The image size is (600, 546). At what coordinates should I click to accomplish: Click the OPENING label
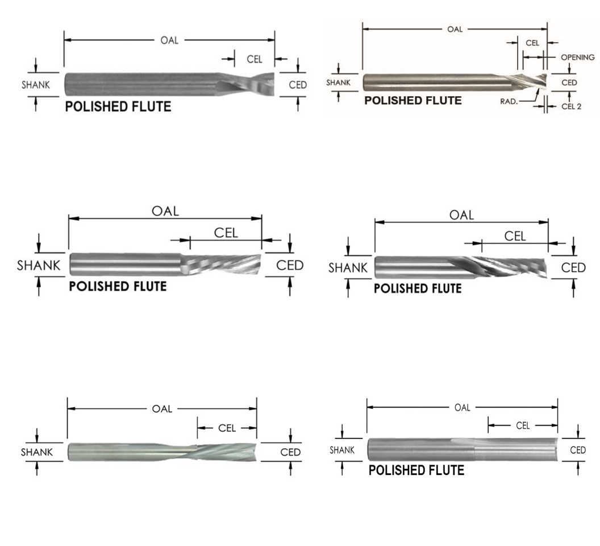pos(577,57)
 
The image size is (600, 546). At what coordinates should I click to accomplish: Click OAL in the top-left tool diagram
pos(169,40)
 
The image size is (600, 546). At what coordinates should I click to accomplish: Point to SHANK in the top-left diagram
pos(36,85)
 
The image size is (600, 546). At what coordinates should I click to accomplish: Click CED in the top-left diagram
pos(298,85)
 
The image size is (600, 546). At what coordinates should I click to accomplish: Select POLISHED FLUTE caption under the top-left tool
pos(118,107)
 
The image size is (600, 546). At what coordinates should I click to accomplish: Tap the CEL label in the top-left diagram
pos(255,59)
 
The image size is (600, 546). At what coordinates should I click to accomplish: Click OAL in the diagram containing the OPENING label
pos(455,29)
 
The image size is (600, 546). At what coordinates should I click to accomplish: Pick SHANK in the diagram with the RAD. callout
pos(338,82)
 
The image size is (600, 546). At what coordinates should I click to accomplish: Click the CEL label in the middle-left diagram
pos(226,233)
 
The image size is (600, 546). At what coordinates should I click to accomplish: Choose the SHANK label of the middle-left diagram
pos(38,266)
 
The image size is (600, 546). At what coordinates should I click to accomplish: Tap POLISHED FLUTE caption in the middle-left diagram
pos(118,286)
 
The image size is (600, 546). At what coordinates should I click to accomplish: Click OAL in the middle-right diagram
pos(461,215)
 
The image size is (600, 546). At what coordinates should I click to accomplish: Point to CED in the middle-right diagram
pos(573,267)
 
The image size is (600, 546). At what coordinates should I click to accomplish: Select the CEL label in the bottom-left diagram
pos(227,428)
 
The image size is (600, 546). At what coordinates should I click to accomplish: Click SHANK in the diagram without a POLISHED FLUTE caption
pos(37,452)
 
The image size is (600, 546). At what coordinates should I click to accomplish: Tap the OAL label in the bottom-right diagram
pos(463,407)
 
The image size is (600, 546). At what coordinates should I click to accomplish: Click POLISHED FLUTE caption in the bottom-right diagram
pos(416,471)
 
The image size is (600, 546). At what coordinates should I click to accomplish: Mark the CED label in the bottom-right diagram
pos(577,450)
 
